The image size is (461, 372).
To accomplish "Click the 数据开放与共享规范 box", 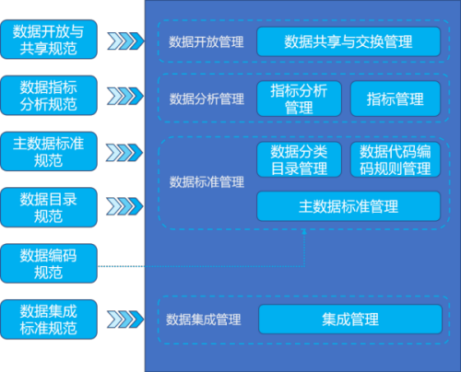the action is tap(49, 40).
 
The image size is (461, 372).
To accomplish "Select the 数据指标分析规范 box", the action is tap(49, 96).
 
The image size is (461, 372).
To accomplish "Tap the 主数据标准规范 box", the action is tap(49, 151).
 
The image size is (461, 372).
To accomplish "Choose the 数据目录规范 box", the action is tap(49, 207).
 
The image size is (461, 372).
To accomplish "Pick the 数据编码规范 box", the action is tap(49, 263).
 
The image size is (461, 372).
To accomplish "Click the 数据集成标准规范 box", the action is tap(49, 320).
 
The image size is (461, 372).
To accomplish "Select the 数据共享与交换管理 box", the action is tap(349, 41).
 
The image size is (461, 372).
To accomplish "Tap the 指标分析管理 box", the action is tap(299, 99).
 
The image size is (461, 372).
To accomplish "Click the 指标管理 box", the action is tap(396, 99).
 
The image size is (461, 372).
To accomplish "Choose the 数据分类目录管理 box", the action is tap(299, 159).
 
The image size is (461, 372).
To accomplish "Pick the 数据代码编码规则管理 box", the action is tap(396, 159).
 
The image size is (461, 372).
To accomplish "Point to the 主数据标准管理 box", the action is tap(349, 206).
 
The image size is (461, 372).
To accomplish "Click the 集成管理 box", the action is tap(350, 320).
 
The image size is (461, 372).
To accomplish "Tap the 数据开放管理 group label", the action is tap(207, 42).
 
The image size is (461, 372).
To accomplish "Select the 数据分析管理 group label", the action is tap(207, 99).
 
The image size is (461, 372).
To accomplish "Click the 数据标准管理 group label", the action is tap(207, 181).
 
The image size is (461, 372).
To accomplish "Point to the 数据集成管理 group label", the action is tap(204, 320).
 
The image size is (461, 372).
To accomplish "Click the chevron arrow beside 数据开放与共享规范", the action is tap(125, 41).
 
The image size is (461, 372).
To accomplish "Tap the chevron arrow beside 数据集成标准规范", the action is tap(125, 319).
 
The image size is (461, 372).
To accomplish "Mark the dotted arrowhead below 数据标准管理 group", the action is tap(304, 232).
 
